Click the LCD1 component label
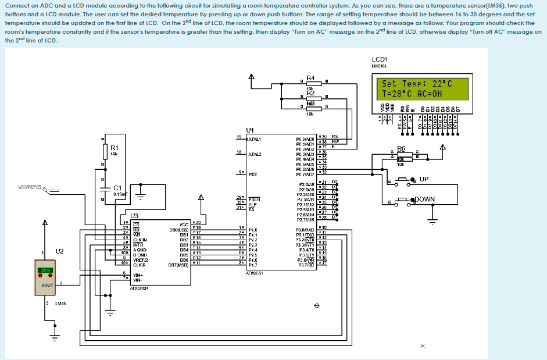pos(380,59)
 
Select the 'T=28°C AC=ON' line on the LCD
pos(412,92)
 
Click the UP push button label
pos(424,179)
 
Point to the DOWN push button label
pos(424,199)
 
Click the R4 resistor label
pos(310,78)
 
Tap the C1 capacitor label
pos(117,188)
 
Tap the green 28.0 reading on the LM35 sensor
pos(45,270)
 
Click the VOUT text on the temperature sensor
pos(47,286)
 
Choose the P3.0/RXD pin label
pos(306,230)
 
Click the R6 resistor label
pos(402,148)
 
